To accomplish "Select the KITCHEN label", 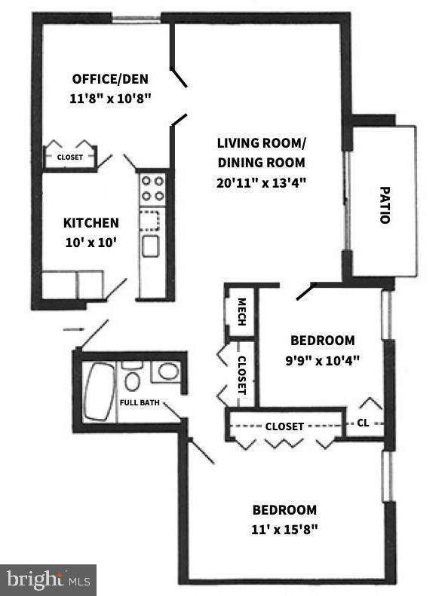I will click(x=91, y=223).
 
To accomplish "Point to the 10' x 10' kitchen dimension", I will click(x=91, y=243).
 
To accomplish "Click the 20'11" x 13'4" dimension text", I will click(x=261, y=182).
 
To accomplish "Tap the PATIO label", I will click(x=384, y=204).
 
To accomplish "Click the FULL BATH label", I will click(x=140, y=402).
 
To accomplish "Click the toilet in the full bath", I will click(x=133, y=377).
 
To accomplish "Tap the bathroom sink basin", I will click(x=168, y=371).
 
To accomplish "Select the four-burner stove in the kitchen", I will click(x=152, y=188).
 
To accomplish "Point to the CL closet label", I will click(x=363, y=423).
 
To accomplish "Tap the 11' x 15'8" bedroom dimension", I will click(x=284, y=529).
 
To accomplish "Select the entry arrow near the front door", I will click(x=73, y=329).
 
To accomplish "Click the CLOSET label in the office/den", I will click(x=71, y=158).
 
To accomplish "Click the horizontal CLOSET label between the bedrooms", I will click(x=284, y=426).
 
